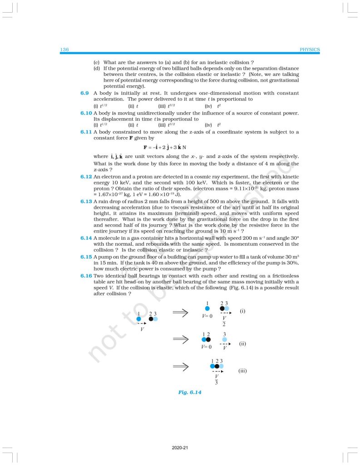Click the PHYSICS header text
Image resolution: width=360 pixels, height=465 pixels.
pos(310,49)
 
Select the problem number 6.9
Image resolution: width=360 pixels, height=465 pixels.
pos(84,93)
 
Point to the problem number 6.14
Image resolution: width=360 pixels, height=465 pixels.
pos(86,238)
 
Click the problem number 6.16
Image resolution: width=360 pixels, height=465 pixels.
pos(86,275)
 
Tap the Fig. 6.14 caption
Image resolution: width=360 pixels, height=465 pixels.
pos(190,391)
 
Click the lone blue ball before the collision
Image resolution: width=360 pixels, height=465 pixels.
pos(139,319)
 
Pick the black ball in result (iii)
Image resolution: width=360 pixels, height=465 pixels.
pos(217,366)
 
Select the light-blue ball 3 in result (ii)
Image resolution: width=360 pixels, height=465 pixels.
pos(224,340)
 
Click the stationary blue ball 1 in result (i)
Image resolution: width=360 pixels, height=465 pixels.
pos(207,309)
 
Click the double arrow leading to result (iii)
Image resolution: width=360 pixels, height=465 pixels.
pos(180,366)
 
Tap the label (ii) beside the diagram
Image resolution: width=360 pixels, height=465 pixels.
pos(243,344)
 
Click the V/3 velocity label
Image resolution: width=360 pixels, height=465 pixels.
pos(217,380)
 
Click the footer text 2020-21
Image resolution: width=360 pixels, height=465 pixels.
pos(180,448)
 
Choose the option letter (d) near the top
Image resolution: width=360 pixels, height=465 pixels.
pos(96,68)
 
